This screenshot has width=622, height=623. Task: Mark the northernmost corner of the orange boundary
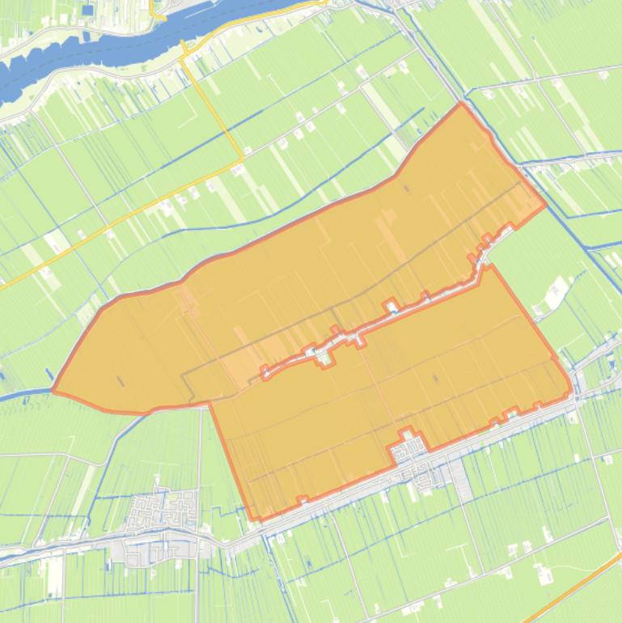point(462,104)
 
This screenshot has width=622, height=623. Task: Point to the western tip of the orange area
point(53,391)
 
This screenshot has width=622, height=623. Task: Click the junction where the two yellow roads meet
point(241,161)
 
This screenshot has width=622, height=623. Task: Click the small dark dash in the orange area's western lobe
point(121,380)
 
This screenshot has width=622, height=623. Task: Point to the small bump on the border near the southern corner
point(302,499)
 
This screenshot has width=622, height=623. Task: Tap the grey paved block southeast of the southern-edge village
point(461,485)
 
